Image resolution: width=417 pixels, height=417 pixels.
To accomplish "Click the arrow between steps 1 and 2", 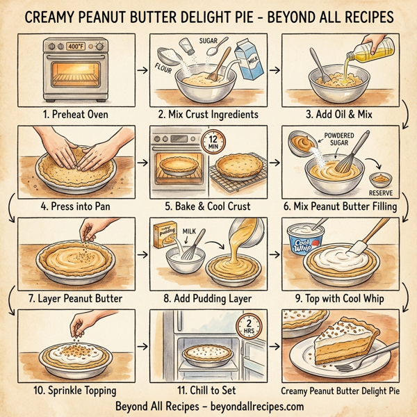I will (142, 69).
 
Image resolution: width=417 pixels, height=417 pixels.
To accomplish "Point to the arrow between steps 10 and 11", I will (142, 345).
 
